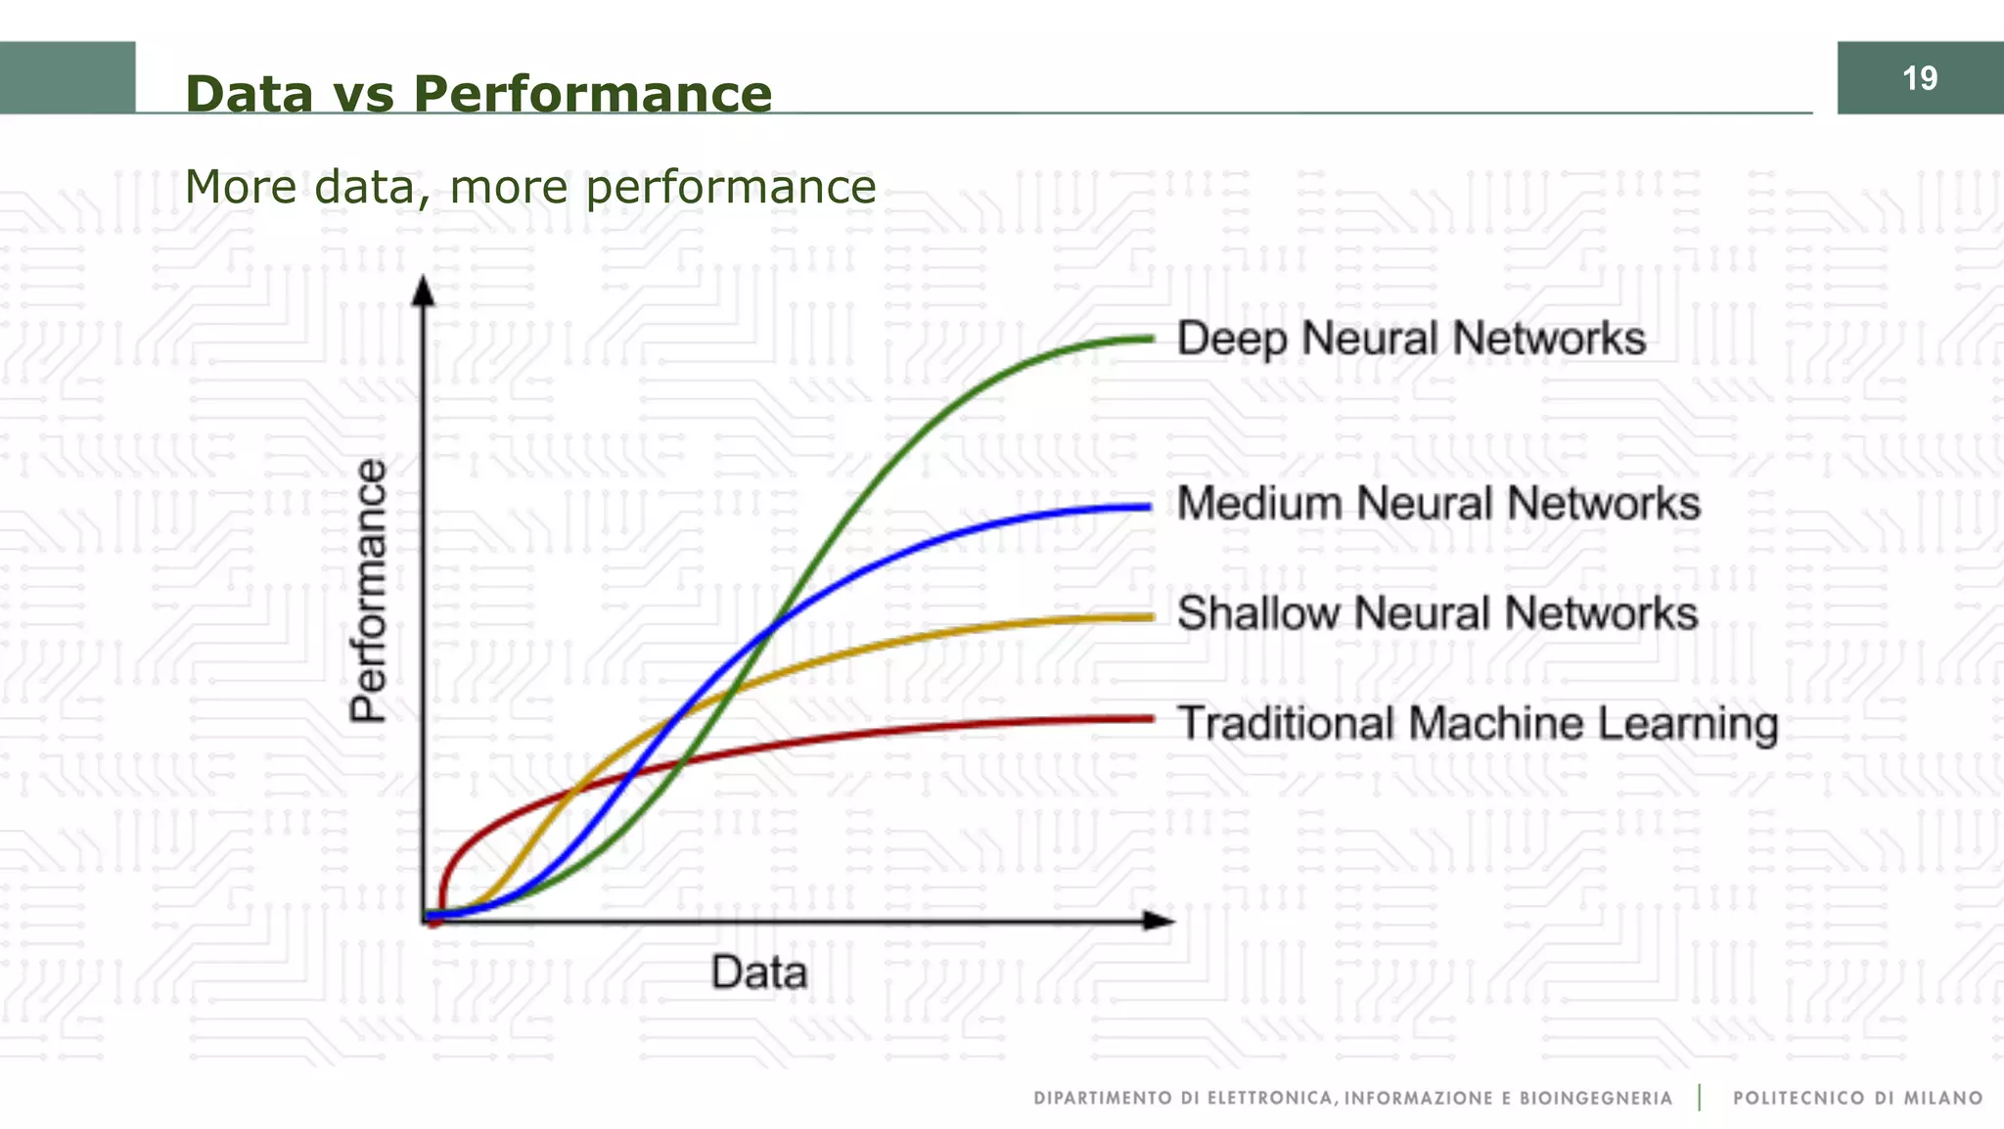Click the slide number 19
[1920, 78]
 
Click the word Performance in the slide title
[592, 94]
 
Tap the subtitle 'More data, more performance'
[529, 186]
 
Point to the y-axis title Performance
[369, 591]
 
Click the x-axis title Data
[759, 972]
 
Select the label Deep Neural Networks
[1411, 339]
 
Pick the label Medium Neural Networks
[1438, 503]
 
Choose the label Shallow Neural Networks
[1437, 613]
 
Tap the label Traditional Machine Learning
[1478, 724]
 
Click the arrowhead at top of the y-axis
[423, 291]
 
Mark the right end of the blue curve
[1147, 507]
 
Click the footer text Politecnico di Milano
[1857, 1099]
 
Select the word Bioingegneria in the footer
[1596, 1099]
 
